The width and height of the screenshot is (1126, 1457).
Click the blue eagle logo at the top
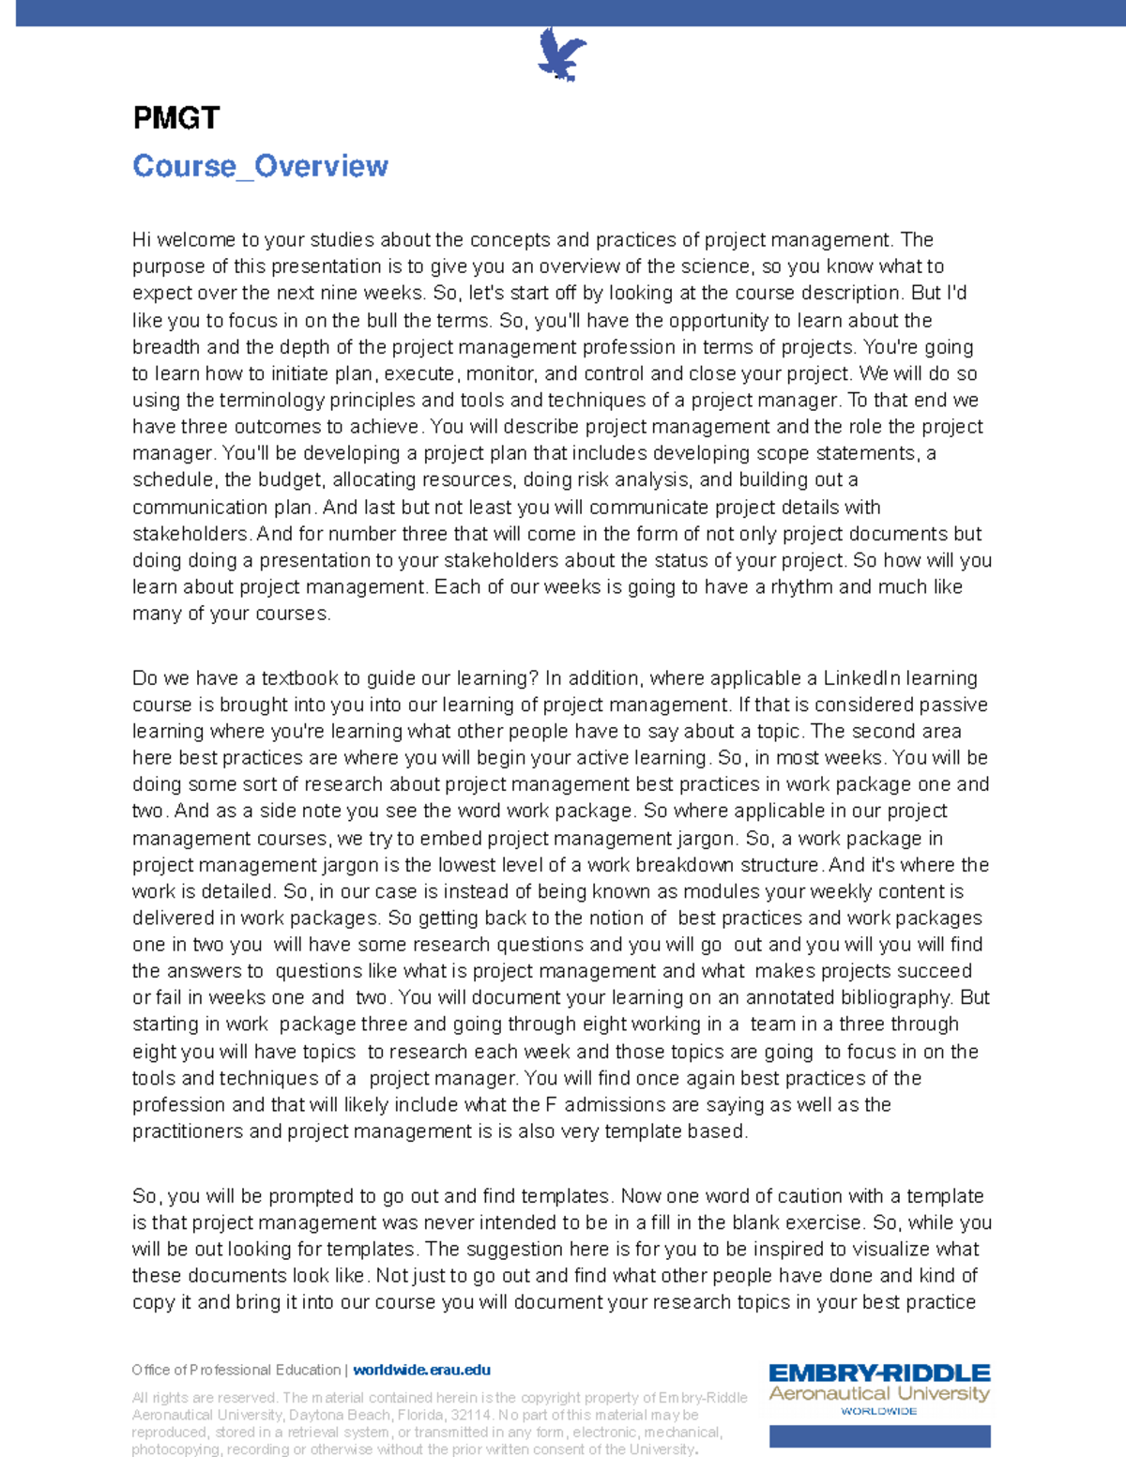(x=561, y=54)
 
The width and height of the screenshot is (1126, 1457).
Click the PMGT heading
(x=175, y=118)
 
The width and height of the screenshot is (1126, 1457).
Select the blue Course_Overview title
(x=260, y=166)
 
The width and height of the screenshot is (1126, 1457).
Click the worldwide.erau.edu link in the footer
(x=421, y=1370)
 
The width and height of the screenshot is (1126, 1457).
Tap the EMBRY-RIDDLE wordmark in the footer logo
(x=879, y=1374)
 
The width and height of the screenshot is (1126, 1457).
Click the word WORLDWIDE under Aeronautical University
(x=878, y=1411)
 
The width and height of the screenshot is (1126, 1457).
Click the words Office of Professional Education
(x=236, y=1370)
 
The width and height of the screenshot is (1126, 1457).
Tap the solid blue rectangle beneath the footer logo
(x=879, y=1436)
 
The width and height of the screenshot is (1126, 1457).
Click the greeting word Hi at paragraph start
(x=142, y=240)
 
